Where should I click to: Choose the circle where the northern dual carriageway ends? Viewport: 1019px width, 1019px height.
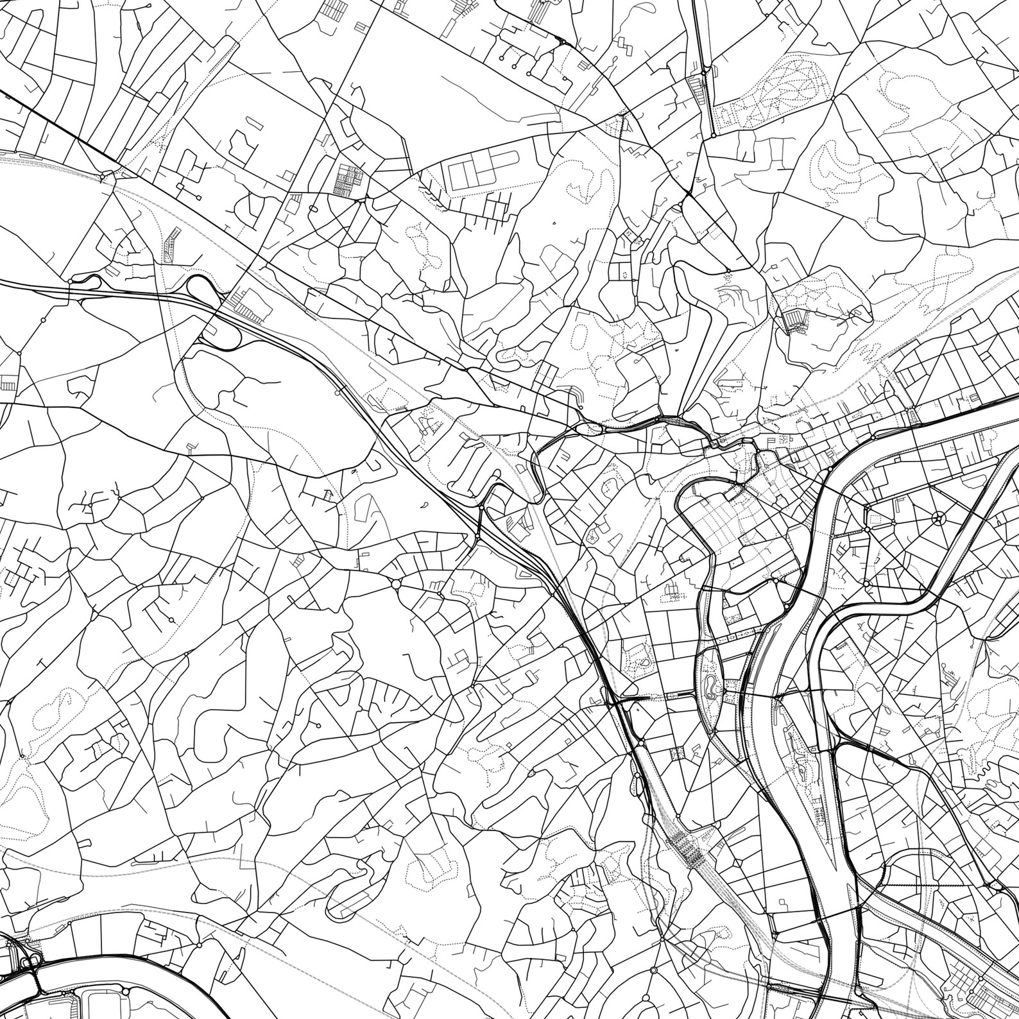(x=713, y=135)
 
